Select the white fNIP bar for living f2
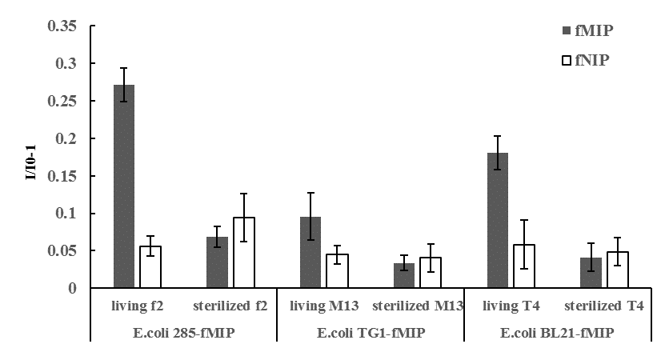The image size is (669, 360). [150, 267]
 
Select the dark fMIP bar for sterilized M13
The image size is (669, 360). [403, 275]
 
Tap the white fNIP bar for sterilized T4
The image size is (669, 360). [617, 270]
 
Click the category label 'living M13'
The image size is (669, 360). [324, 305]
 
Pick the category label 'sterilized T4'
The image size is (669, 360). [603, 305]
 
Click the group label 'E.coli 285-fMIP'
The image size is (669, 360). [183, 331]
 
